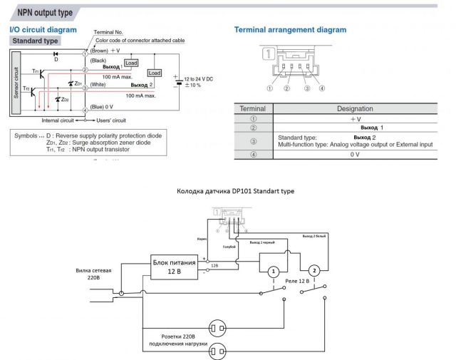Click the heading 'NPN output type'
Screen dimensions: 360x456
point(40,12)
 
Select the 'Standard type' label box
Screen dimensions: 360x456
point(34,41)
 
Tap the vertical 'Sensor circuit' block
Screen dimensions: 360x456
point(18,83)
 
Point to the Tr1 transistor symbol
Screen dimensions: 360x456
point(41,73)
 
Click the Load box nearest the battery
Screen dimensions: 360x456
point(154,73)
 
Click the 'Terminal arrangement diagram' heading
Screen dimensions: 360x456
point(290,30)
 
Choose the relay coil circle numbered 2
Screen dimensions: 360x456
point(313,271)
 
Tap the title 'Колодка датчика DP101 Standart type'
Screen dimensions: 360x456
point(234,192)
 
